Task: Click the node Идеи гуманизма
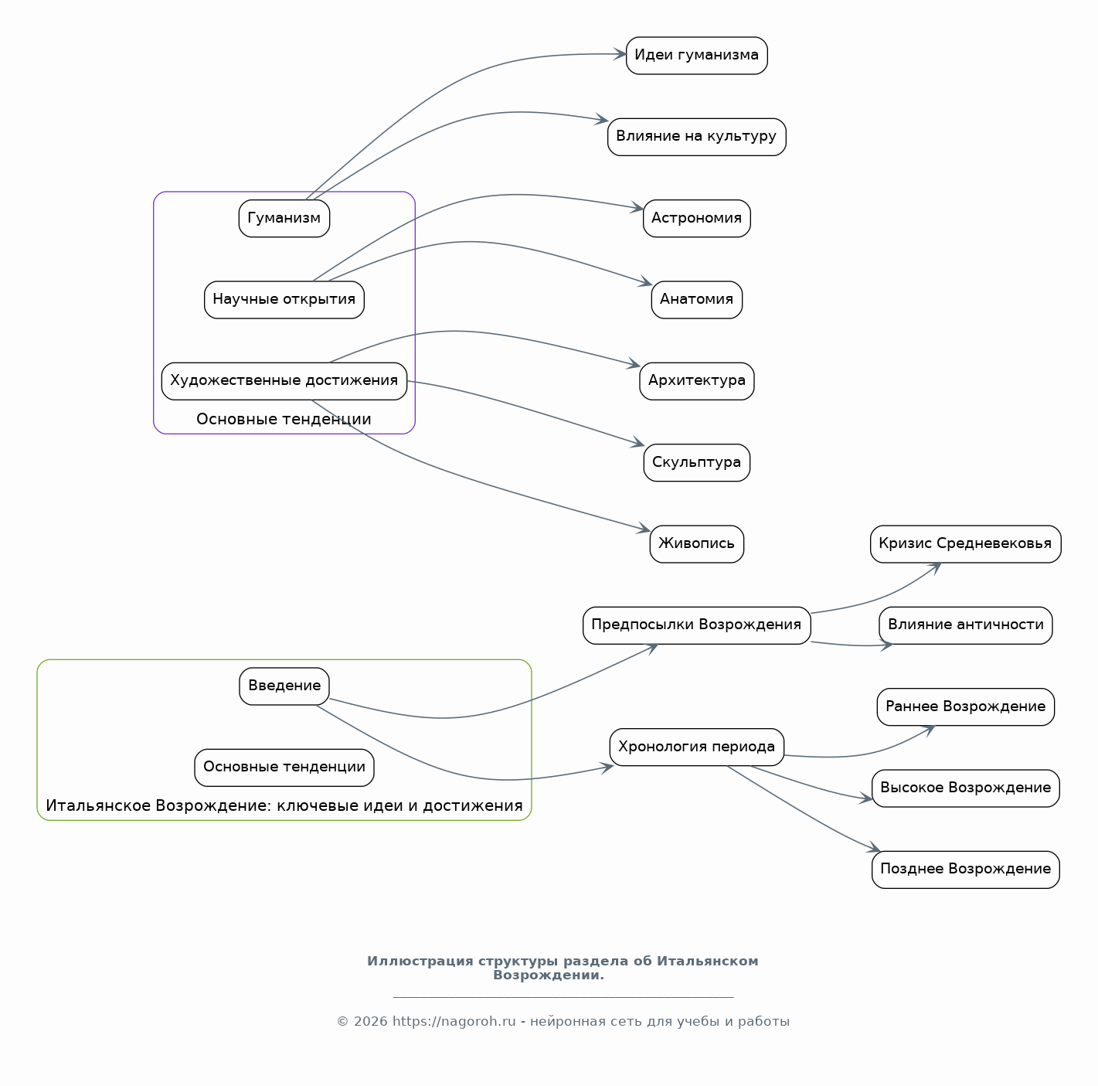pos(696,56)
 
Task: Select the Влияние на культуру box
pos(696,137)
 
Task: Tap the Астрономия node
pos(696,218)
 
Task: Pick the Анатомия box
pos(696,300)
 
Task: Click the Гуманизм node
pos(284,218)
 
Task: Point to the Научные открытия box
pos(284,300)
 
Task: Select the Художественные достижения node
pos(284,381)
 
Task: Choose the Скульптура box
pos(696,462)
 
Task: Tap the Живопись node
pos(696,544)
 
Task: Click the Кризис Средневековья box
pos(965,544)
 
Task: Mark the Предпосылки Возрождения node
pos(696,625)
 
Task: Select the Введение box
pos(284,686)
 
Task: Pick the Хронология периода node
pos(696,747)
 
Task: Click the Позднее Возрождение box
pos(965,870)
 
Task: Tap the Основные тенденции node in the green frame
pos(284,768)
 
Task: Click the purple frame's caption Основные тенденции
pos(284,420)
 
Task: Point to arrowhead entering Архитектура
pos(634,364)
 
